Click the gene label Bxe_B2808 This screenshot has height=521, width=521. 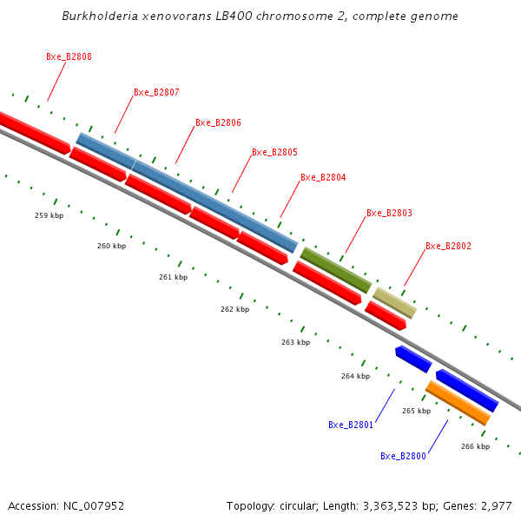point(69,56)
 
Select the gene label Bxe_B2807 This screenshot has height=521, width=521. point(156,92)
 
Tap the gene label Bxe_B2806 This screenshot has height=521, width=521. point(218,122)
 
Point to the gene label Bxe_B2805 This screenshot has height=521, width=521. point(274,152)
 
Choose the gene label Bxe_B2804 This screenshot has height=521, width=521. point(323,177)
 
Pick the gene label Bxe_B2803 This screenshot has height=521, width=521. point(389,213)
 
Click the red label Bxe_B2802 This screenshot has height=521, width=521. point(448,247)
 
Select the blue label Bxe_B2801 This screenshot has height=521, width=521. point(351,425)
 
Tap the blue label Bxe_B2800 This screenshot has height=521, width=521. point(403,456)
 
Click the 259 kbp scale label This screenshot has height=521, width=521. point(49,215)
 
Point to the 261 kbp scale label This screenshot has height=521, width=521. point(173,277)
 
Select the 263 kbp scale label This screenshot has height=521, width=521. point(295,342)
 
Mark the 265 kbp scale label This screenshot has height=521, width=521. point(416,411)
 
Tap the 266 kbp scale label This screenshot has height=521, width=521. point(475,446)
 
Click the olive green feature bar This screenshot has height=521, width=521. point(336,270)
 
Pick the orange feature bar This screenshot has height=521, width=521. point(458,403)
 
